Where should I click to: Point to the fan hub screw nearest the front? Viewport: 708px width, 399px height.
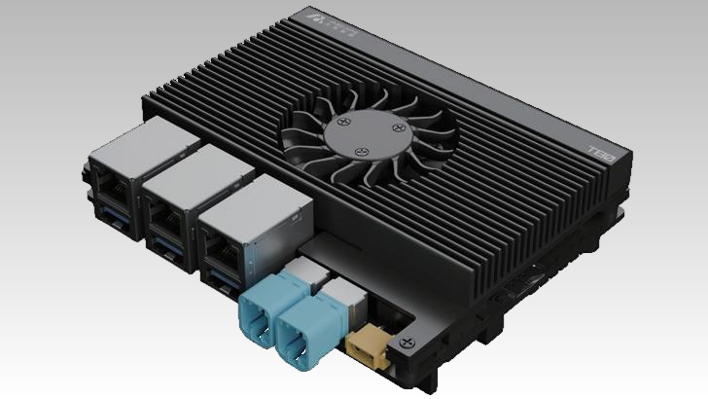coord(362,153)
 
